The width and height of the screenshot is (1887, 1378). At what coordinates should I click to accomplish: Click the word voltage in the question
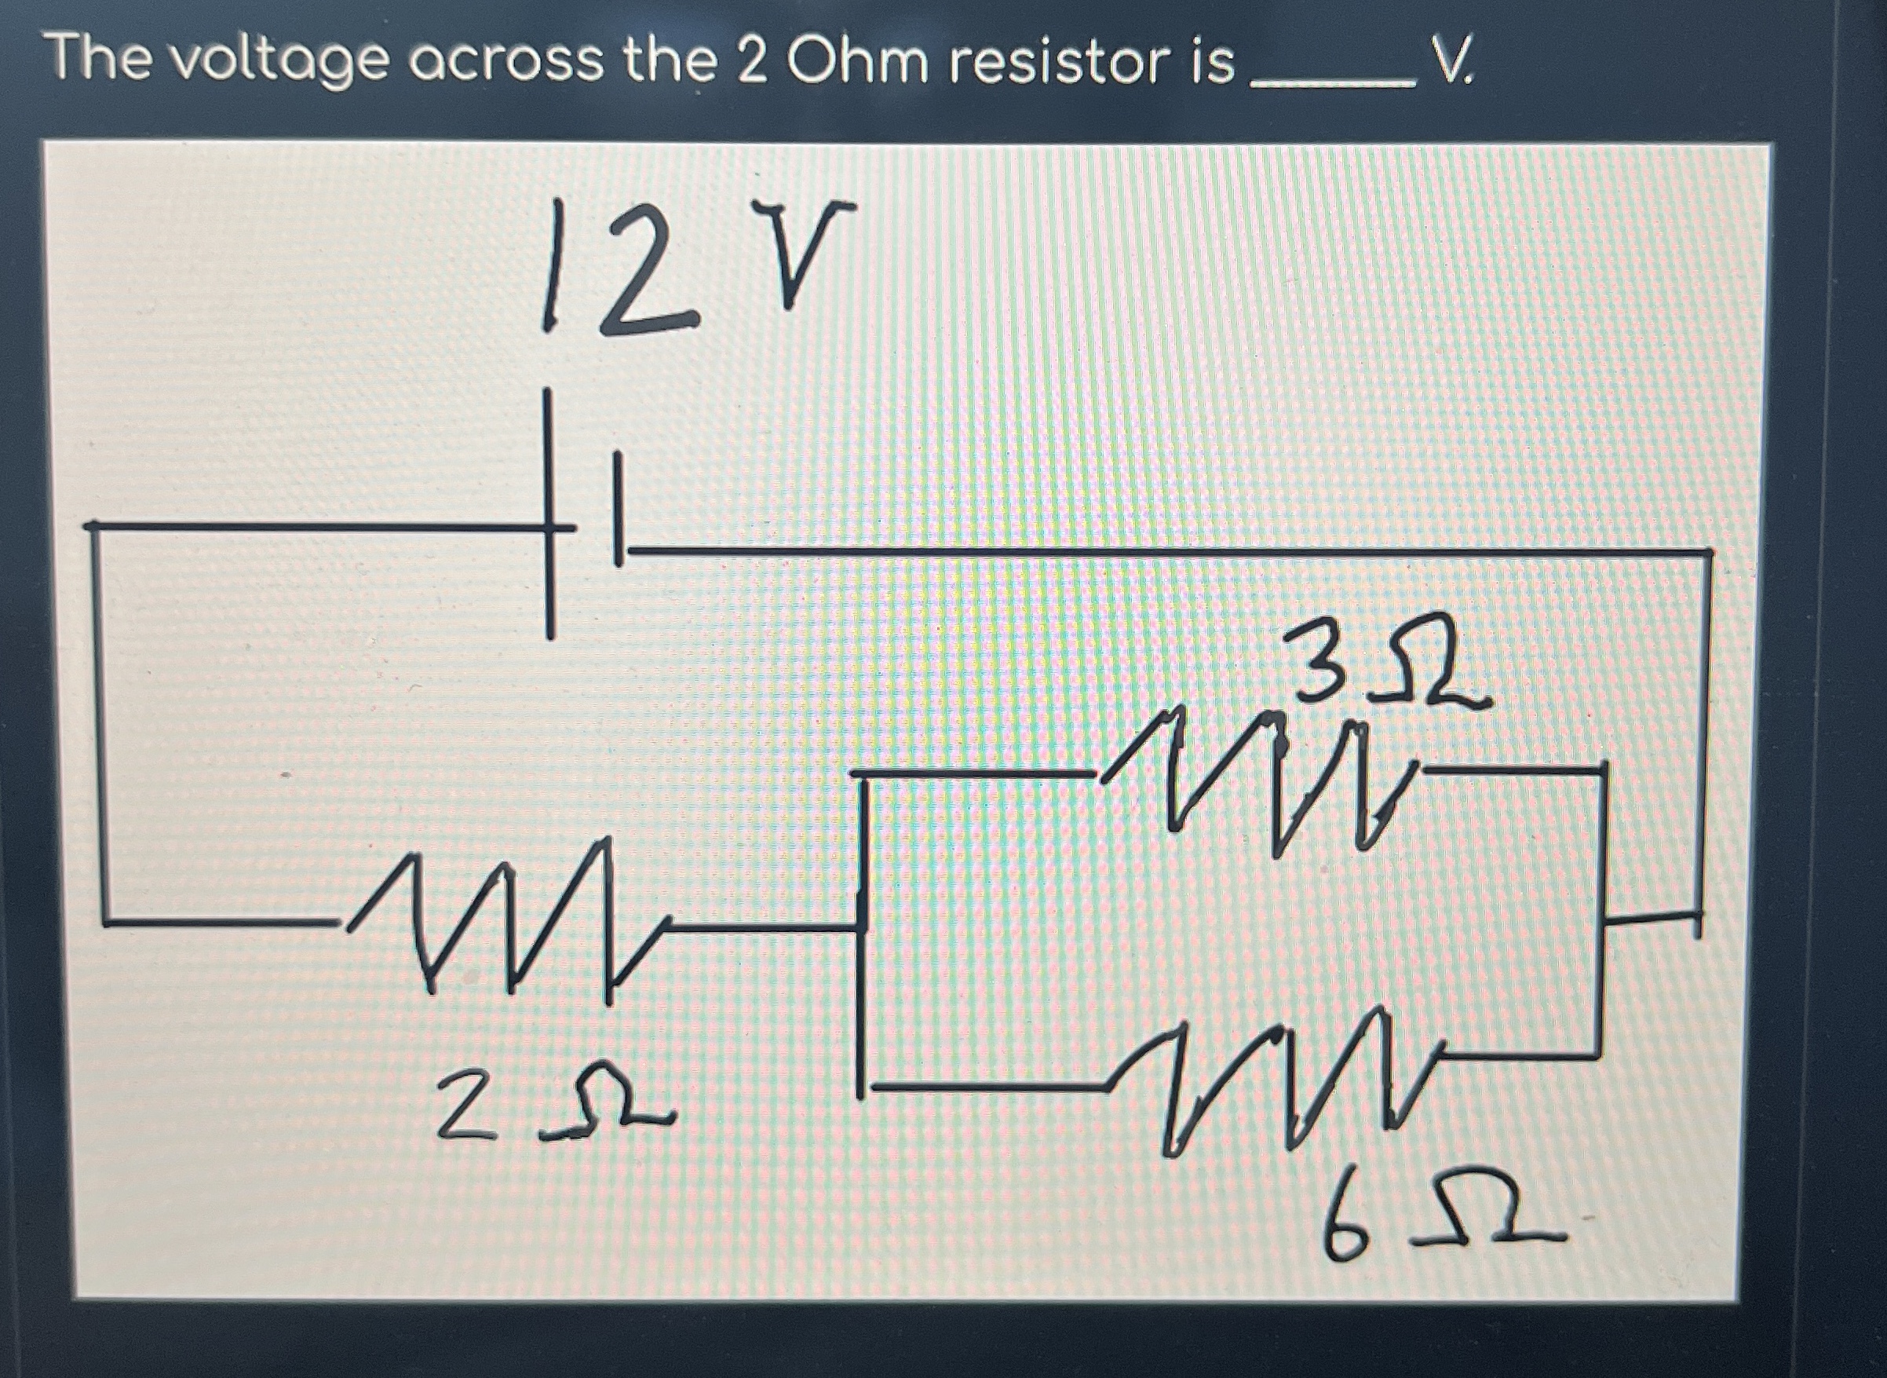tap(283, 64)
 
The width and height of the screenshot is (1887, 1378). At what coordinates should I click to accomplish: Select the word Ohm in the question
tap(857, 62)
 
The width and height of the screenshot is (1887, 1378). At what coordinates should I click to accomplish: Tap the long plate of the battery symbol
tap(549, 513)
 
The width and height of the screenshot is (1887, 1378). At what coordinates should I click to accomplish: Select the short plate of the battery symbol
tap(618, 509)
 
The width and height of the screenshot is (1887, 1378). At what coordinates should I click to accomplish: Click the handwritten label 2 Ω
tap(550, 1106)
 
